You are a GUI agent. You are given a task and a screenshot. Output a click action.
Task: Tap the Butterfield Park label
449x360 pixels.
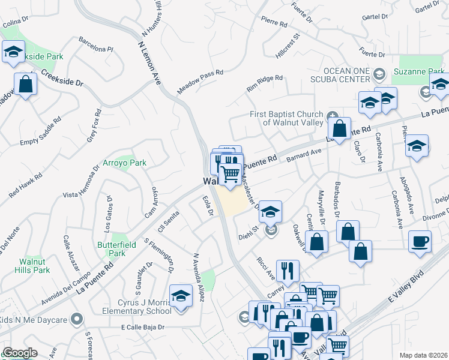pyautogui.click(x=112, y=249)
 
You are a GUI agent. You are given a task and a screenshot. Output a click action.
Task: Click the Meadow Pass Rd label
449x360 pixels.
pyautogui.click(x=200, y=82)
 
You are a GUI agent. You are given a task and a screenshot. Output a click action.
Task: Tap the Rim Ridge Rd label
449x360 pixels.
pyautogui.click(x=264, y=83)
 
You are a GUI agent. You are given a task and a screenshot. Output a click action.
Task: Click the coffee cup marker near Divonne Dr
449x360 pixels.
pyautogui.click(x=420, y=241)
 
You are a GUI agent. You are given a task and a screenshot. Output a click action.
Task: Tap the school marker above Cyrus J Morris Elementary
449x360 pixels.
pyautogui.click(x=179, y=295)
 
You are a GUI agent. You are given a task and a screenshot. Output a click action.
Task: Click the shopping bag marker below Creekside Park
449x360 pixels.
pyautogui.click(x=26, y=84)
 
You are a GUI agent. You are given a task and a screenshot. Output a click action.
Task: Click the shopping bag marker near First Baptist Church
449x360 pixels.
pyautogui.click(x=339, y=128)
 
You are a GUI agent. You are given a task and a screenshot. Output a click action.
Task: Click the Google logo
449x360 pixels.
pyautogui.click(x=20, y=353)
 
